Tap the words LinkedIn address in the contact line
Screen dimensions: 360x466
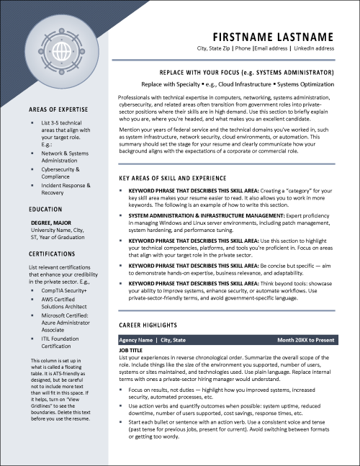(315, 48)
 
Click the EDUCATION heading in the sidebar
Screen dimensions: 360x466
(46, 208)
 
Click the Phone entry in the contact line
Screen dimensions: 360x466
(244, 48)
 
